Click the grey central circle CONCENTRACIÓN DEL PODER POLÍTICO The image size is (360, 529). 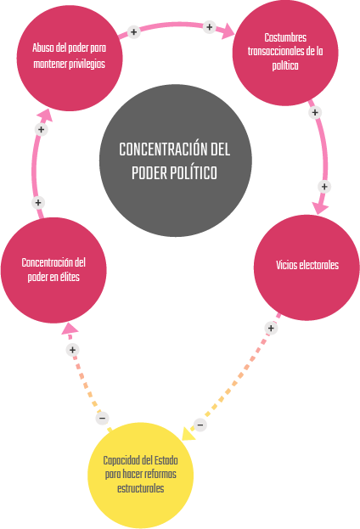(176, 160)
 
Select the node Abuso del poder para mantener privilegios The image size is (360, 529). (70, 58)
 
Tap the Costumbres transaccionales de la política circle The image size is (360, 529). (285, 53)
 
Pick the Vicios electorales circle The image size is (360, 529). (307, 267)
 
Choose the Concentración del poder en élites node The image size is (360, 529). (53, 270)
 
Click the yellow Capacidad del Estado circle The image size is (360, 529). (141, 475)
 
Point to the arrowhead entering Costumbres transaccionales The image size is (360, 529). (228, 31)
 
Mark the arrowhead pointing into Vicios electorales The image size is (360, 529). (320, 208)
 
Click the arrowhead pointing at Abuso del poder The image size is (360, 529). (45, 115)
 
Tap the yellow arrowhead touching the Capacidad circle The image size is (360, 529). (188, 434)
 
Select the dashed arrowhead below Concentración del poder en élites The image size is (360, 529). (70, 329)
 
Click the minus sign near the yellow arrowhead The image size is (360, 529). (200, 425)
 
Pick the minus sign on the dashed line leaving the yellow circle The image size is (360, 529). (102, 419)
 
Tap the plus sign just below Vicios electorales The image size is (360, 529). (271, 328)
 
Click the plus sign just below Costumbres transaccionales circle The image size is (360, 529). (315, 112)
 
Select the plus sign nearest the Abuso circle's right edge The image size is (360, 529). (133, 32)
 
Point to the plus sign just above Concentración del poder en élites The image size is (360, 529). (38, 203)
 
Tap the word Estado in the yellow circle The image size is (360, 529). (166, 460)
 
